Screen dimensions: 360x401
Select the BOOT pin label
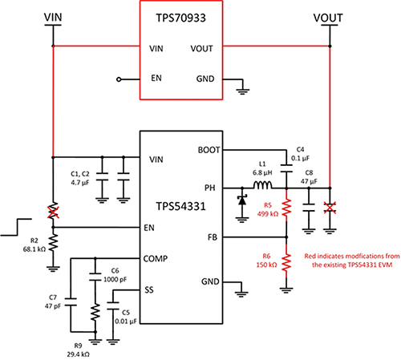(206, 149)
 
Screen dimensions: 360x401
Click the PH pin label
(211, 188)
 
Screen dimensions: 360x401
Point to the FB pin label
(211, 237)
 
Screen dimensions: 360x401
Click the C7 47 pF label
(54, 301)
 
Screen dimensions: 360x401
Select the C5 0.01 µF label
(128, 318)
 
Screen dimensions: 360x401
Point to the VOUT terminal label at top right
(330, 16)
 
